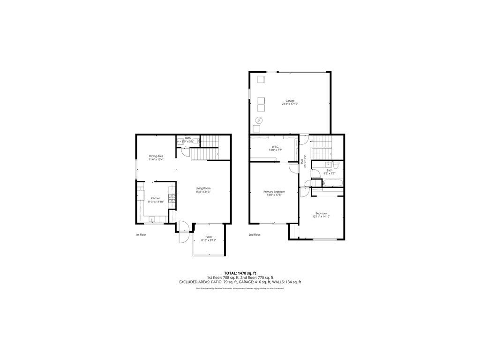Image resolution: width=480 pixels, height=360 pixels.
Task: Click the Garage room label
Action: [290, 101]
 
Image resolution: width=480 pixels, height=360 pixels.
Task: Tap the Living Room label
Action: [203, 188]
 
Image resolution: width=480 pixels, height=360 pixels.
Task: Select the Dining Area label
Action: [156, 156]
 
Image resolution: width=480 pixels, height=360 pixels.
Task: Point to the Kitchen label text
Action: [156, 198]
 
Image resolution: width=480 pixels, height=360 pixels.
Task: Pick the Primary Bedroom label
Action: [274, 192]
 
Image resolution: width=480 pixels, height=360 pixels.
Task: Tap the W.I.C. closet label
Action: [274, 147]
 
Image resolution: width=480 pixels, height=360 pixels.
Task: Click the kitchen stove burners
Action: [172, 198]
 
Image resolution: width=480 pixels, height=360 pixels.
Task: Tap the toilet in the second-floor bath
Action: [336, 165]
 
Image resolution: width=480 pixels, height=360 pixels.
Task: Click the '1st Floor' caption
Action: [141, 234]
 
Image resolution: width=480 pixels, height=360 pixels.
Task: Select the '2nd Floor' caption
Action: [254, 234]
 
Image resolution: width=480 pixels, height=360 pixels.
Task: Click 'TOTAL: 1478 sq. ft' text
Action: [240, 273]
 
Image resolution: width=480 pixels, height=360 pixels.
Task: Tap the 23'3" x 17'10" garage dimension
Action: [290, 104]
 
